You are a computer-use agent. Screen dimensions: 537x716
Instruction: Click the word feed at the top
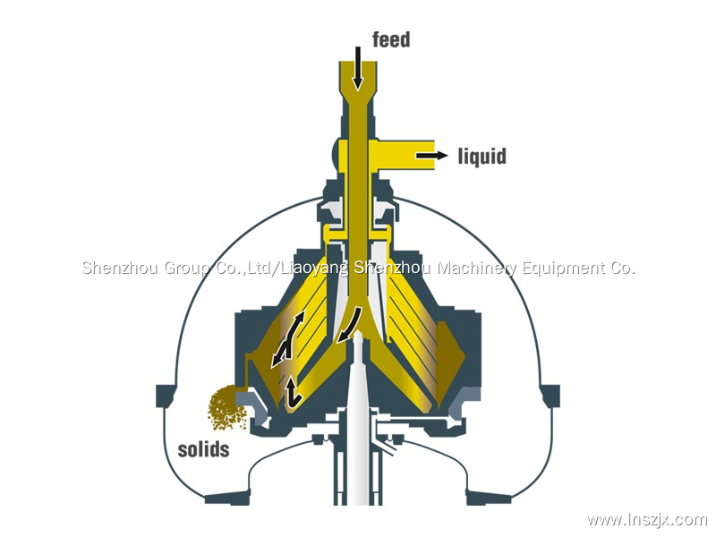click(x=391, y=38)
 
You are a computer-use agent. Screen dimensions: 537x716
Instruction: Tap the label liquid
click(x=482, y=157)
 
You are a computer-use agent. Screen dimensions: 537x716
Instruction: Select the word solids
click(x=203, y=448)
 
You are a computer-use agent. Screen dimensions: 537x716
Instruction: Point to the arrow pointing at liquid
click(x=431, y=156)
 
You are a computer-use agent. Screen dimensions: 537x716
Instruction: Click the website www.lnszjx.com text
click(x=647, y=520)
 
